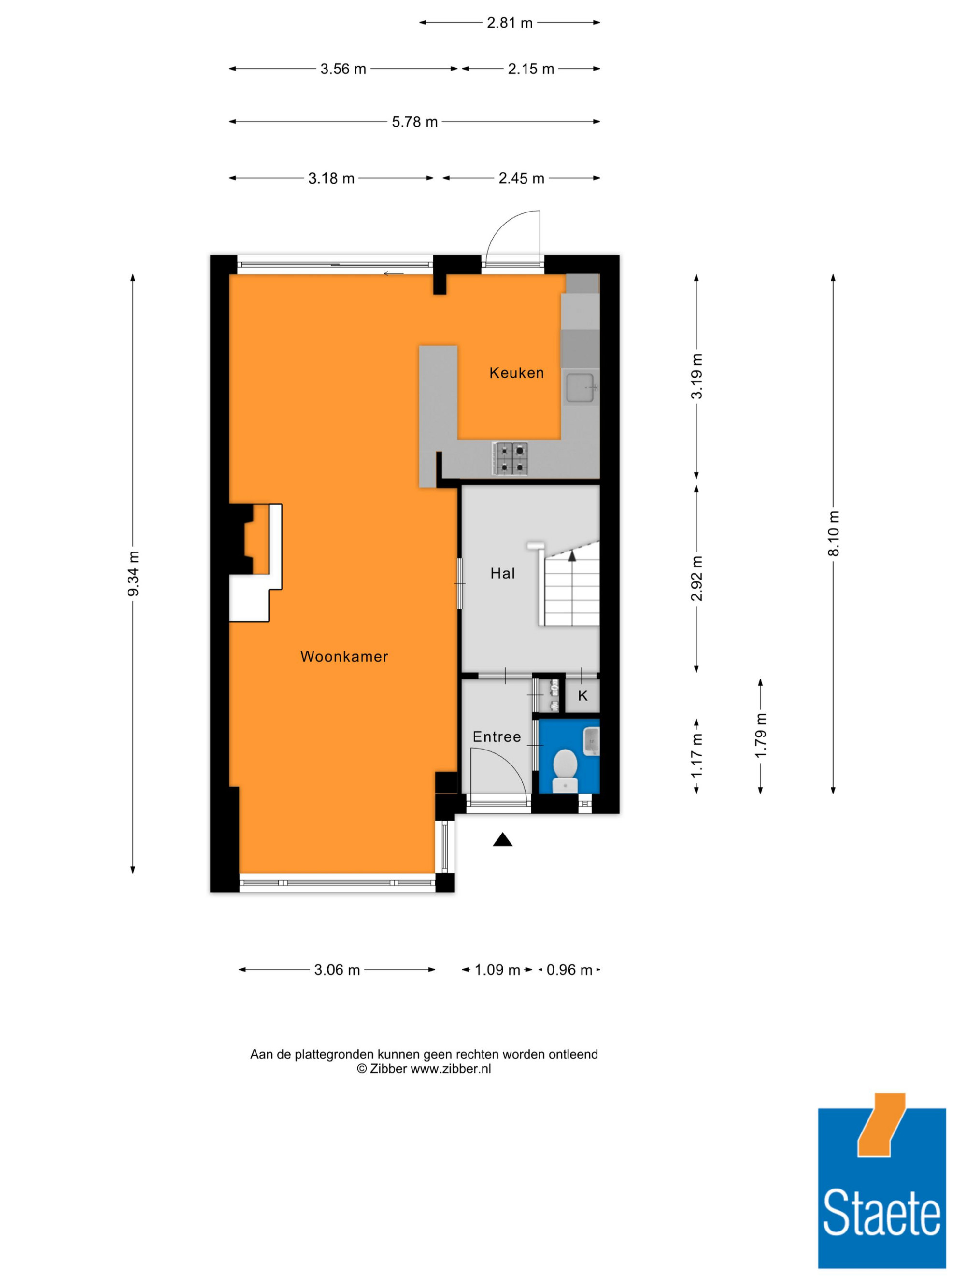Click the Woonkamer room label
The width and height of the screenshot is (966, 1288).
tap(343, 656)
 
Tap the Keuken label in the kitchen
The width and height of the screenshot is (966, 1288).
tap(516, 373)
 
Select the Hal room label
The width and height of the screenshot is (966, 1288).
tap(502, 574)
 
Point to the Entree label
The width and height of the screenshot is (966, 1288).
tap(497, 736)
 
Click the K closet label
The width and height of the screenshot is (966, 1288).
tap(582, 695)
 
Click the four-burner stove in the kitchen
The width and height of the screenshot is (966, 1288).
tap(510, 459)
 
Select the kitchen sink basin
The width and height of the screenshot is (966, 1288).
tap(581, 387)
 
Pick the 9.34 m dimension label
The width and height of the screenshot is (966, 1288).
tap(133, 574)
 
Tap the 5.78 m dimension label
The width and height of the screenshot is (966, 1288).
tap(414, 122)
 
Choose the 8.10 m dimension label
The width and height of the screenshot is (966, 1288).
tap(833, 533)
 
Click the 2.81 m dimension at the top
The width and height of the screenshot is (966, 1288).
tap(510, 23)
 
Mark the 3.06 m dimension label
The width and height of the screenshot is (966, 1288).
tap(337, 969)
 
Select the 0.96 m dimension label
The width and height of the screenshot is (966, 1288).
tap(569, 969)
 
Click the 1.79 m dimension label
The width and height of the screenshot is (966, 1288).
tap(760, 736)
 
